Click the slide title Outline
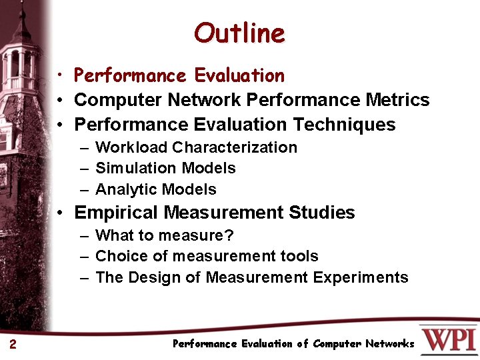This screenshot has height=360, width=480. [239, 33]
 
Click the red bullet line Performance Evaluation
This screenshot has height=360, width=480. [179, 75]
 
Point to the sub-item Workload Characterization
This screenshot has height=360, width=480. [196, 147]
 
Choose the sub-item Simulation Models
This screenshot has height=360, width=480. [165, 168]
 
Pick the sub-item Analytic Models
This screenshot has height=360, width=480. [156, 189]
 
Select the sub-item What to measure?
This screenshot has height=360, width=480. [165, 235]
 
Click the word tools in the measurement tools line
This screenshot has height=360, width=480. [300, 256]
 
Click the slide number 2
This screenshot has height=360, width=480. [13, 344]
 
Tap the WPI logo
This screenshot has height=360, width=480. [448, 339]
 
